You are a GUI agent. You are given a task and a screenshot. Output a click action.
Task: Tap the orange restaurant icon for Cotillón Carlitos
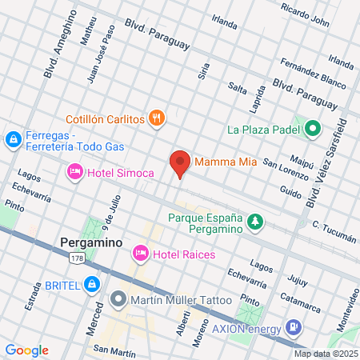(157, 119)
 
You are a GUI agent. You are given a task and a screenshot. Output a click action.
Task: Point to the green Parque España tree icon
(255, 221)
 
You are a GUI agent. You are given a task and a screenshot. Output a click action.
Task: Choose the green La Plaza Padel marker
(313, 128)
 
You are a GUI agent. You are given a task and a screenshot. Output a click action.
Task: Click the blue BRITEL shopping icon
(93, 284)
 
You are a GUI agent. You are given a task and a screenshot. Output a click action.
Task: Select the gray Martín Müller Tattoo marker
(119, 300)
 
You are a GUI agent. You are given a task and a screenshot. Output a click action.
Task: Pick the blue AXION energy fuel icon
(294, 326)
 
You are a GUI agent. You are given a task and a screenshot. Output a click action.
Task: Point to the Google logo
(26, 350)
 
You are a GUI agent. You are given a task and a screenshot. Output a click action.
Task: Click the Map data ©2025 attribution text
(325, 354)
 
